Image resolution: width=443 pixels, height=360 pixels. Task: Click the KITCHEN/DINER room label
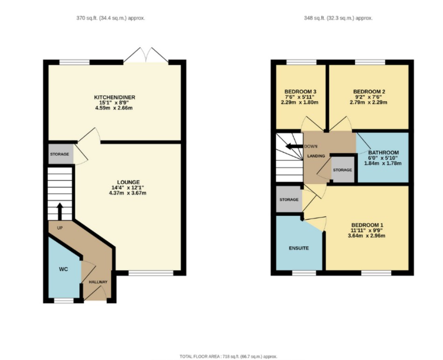point(114,97)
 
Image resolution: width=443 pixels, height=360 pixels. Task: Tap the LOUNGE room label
point(128,182)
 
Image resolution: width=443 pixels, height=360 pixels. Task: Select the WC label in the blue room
point(63,270)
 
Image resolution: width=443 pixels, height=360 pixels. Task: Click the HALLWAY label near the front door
point(98,282)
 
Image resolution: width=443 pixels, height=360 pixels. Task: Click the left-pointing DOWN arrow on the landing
point(294,146)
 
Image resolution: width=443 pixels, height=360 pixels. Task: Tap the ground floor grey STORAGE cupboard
point(60,154)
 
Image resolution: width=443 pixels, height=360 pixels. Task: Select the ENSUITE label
point(298,248)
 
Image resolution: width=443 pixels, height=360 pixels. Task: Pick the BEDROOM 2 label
point(369,91)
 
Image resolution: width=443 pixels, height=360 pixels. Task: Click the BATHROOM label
point(383,152)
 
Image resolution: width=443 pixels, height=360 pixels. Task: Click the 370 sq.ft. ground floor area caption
point(110,18)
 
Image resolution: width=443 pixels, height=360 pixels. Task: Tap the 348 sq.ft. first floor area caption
point(338,18)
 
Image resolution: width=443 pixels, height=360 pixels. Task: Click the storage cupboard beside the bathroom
point(342,170)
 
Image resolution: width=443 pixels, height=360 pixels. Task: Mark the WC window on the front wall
point(64,301)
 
